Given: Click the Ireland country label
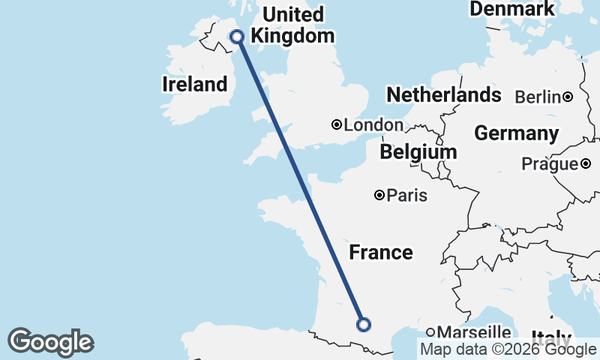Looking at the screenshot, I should (194, 85).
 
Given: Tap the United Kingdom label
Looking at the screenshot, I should (292, 25).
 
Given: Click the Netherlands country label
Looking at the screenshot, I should (443, 95).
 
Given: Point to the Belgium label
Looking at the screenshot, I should (418, 152).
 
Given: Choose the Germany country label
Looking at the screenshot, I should (516, 133).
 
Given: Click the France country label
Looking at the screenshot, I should (381, 252).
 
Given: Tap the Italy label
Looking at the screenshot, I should (551, 338).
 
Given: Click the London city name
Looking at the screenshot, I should (373, 125).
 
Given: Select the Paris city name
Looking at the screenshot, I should (407, 196).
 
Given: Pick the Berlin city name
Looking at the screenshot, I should (538, 97).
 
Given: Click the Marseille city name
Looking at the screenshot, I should (474, 332).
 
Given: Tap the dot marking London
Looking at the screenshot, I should (337, 124).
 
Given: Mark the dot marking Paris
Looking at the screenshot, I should (379, 195).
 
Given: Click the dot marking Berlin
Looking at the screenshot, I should (568, 96).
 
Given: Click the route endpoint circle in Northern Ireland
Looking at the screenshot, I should (237, 36).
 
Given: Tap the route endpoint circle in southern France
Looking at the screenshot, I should (364, 325).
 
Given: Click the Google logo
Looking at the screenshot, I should (50, 342).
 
